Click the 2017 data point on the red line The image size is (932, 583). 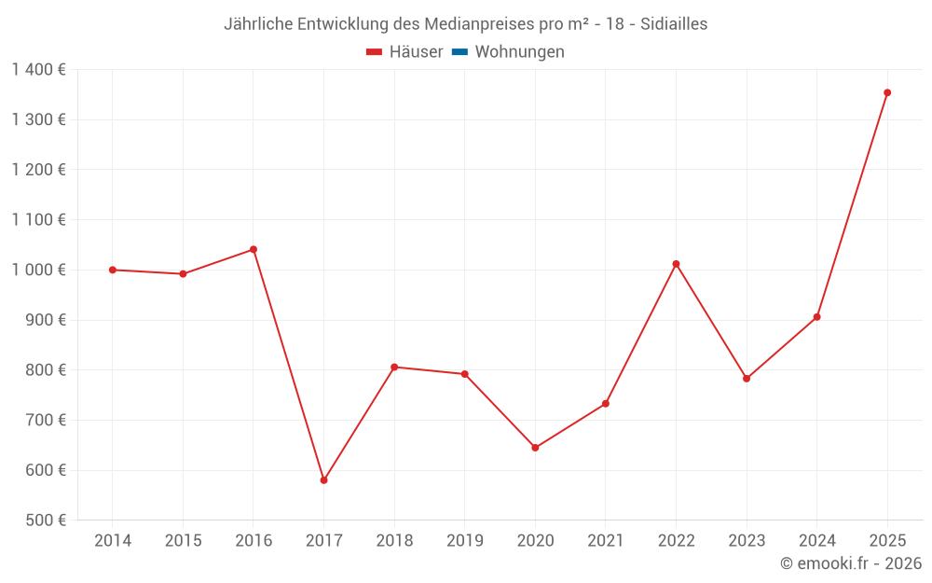pyautogui.click(x=323, y=480)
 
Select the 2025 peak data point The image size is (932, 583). pyautogui.click(x=887, y=92)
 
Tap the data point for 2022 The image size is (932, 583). pyautogui.click(x=676, y=264)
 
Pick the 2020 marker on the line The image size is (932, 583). pyautogui.click(x=535, y=448)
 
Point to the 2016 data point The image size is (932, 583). pyautogui.click(x=254, y=249)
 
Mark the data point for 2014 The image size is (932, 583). pyautogui.click(x=113, y=270)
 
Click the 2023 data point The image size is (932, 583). pyautogui.click(x=747, y=379)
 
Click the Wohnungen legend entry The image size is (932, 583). pyautogui.click(x=519, y=52)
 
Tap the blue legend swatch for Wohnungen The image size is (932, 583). pyautogui.click(x=459, y=52)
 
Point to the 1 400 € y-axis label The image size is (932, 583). pyautogui.click(x=39, y=69)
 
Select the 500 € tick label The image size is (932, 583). pyautogui.click(x=45, y=521)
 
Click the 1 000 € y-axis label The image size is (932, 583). pyautogui.click(x=39, y=270)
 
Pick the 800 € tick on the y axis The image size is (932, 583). pyautogui.click(x=45, y=370)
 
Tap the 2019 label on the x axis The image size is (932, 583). pyautogui.click(x=464, y=541)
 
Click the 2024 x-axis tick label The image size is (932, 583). pyautogui.click(x=816, y=541)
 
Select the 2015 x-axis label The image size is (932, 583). pyautogui.click(x=183, y=541)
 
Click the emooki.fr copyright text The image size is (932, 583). pyautogui.click(x=850, y=563)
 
